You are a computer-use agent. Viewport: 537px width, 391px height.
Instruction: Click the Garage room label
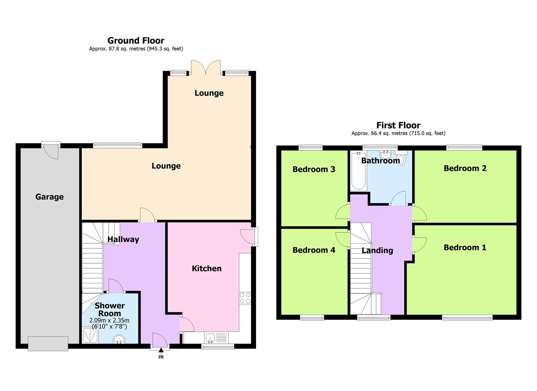point(50,197)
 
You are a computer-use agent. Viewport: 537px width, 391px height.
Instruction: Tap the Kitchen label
point(206,268)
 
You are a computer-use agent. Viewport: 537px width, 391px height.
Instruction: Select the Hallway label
point(123,239)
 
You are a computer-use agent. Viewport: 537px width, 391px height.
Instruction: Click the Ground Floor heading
point(136,40)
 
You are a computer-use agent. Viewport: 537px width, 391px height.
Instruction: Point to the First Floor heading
point(398,125)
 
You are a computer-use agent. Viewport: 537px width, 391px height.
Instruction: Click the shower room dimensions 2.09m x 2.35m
point(109,320)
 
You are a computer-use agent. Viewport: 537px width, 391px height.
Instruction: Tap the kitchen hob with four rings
point(245,298)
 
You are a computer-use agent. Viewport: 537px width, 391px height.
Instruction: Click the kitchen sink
point(210,338)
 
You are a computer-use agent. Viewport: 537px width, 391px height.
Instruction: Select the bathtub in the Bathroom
point(358,171)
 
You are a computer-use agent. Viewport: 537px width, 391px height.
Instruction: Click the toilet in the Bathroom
point(402,157)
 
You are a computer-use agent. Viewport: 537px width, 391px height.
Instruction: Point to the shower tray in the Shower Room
point(90,335)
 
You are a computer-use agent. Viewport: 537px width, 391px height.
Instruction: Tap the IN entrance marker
point(161,354)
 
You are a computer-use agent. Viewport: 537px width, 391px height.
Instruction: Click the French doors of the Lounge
point(206,67)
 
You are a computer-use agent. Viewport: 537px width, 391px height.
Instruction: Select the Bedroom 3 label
point(314,169)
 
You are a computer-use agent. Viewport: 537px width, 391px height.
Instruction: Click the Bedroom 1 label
point(465,248)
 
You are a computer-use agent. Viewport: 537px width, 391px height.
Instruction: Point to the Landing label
point(377,251)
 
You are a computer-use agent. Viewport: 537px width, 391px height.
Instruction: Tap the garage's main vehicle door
point(48,344)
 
